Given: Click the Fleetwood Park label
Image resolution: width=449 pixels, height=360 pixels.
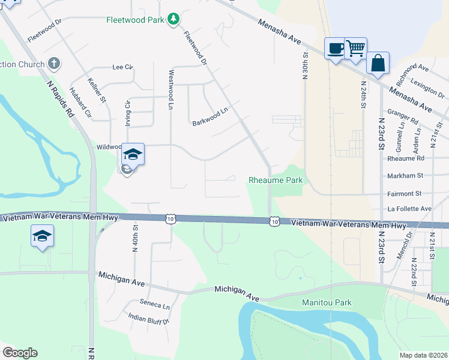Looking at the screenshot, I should (136, 19).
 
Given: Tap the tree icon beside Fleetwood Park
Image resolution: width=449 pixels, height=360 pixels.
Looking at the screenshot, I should (173, 19).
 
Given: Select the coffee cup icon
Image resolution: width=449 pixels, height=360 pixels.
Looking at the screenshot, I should (334, 48).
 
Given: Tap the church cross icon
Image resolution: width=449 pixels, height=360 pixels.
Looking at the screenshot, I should (54, 63).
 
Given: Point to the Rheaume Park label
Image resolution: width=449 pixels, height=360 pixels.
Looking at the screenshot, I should (276, 180).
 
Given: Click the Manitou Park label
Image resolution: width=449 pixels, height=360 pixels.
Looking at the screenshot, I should (327, 303).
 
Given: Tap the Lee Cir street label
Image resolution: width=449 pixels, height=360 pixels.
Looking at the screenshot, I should (122, 67).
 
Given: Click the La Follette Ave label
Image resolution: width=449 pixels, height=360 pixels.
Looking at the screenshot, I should (409, 209).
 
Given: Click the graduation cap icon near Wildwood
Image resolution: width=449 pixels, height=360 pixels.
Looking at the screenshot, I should (133, 155).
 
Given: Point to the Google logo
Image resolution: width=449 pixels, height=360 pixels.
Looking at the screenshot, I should (20, 353).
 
